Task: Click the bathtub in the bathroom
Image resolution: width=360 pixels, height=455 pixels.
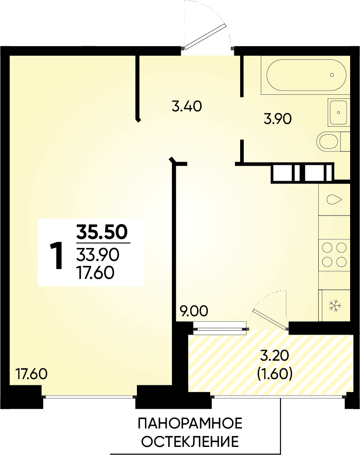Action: (306, 75)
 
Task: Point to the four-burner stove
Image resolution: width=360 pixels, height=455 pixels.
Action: (334, 253)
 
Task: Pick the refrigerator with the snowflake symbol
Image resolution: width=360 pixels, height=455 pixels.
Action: (334, 305)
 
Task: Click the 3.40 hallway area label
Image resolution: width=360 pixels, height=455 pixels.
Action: (187, 106)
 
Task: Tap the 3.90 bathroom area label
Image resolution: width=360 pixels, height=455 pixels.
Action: (277, 119)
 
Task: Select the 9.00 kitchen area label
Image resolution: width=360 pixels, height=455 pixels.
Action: (194, 311)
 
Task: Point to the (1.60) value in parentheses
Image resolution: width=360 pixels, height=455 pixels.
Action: (274, 374)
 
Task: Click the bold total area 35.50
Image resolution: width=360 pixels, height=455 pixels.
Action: (102, 232)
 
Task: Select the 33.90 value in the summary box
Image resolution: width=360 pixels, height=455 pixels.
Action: (98, 255)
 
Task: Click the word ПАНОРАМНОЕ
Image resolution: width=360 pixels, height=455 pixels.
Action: (190, 424)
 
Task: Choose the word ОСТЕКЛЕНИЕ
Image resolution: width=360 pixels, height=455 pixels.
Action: (190, 442)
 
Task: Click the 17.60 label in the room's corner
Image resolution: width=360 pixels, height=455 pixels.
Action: (31, 374)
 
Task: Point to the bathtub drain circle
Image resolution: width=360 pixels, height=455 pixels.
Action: (332, 75)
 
